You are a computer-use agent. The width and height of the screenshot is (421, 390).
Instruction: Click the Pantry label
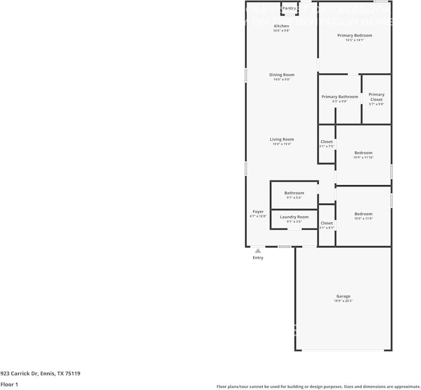[x=289, y=8]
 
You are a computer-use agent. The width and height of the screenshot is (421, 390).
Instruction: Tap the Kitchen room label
[x=281, y=26]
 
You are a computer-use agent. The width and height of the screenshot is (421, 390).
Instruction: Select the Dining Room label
[x=282, y=75]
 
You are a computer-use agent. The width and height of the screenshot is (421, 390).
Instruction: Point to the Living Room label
[x=282, y=140]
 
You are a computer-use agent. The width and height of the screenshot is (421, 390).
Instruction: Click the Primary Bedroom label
[x=355, y=36]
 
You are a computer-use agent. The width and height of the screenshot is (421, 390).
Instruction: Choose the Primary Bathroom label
[x=340, y=97]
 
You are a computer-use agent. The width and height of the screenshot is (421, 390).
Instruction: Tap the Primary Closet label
[x=376, y=97]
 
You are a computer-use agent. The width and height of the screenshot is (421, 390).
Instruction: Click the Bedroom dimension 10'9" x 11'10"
[x=363, y=157]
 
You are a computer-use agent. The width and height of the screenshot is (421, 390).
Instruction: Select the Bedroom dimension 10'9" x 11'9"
[x=363, y=218]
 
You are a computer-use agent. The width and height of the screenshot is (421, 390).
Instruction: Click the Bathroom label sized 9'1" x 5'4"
[x=294, y=193]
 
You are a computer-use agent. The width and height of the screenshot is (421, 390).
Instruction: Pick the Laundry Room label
[x=294, y=217]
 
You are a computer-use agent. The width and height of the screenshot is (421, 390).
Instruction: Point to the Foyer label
[x=258, y=211]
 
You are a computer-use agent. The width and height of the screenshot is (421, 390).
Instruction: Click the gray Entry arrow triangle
[x=258, y=251]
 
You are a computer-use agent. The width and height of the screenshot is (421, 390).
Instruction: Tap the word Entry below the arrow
[x=258, y=258]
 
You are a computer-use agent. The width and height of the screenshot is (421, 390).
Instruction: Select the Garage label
[x=343, y=297]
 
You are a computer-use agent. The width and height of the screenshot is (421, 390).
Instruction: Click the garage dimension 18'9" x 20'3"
[x=343, y=301]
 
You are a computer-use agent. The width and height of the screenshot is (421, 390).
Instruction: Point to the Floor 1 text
[x=10, y=384]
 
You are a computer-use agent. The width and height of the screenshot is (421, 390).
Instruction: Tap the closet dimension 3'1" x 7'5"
[x=327, y=146]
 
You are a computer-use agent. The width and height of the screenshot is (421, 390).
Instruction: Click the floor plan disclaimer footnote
[x=318, y=386]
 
